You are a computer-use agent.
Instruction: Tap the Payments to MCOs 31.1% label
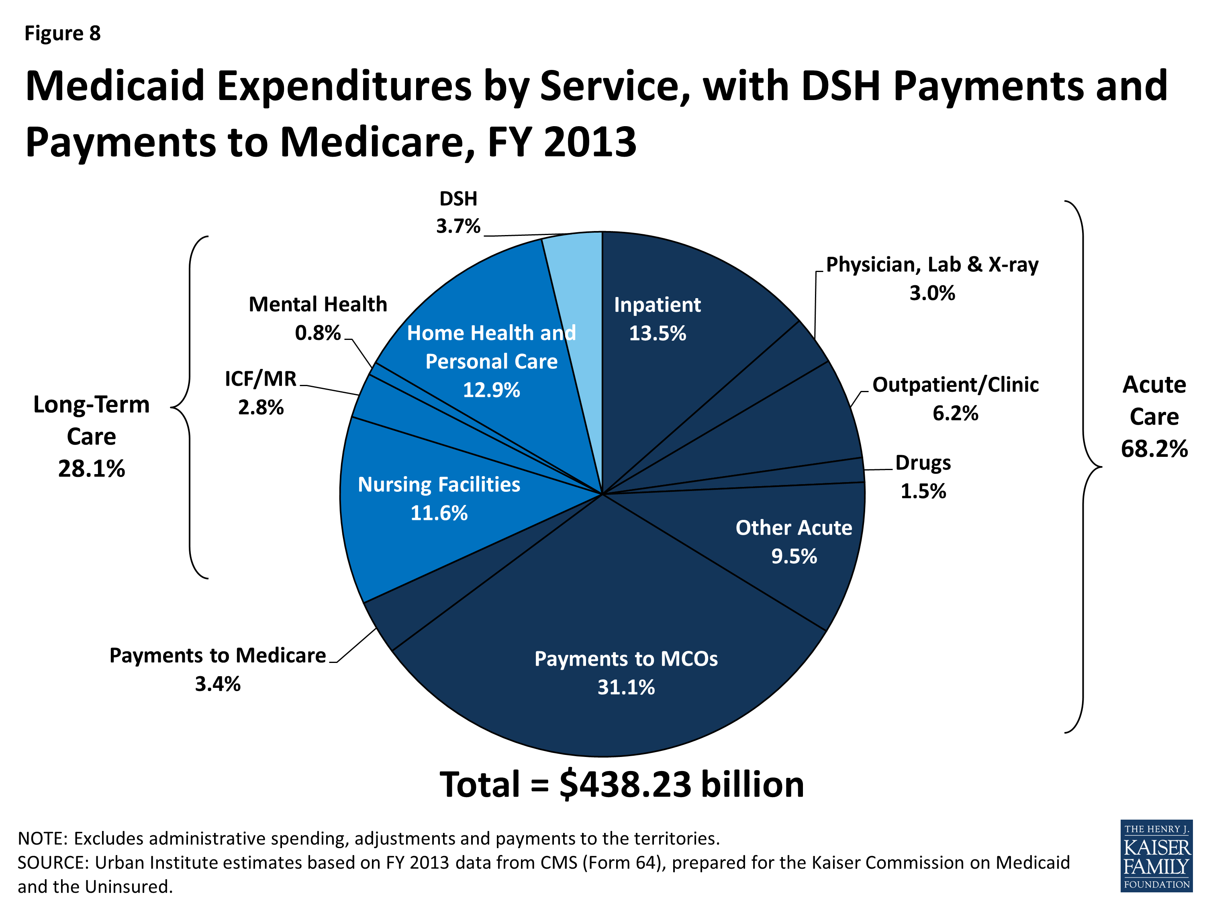626,673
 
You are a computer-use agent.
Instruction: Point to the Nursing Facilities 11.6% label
439,499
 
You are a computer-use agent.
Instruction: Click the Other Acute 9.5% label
794,542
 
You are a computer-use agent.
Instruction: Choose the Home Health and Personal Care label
491,361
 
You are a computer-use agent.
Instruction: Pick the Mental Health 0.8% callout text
318,318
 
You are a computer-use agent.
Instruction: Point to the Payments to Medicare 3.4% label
217,669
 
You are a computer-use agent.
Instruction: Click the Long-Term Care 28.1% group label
92,436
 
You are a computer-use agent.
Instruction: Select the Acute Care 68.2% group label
1154,417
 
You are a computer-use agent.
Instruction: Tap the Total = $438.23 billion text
621,785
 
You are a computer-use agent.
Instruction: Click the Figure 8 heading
63,33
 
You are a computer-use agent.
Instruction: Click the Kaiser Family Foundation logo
1156,855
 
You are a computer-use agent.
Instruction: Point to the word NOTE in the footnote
41,838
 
